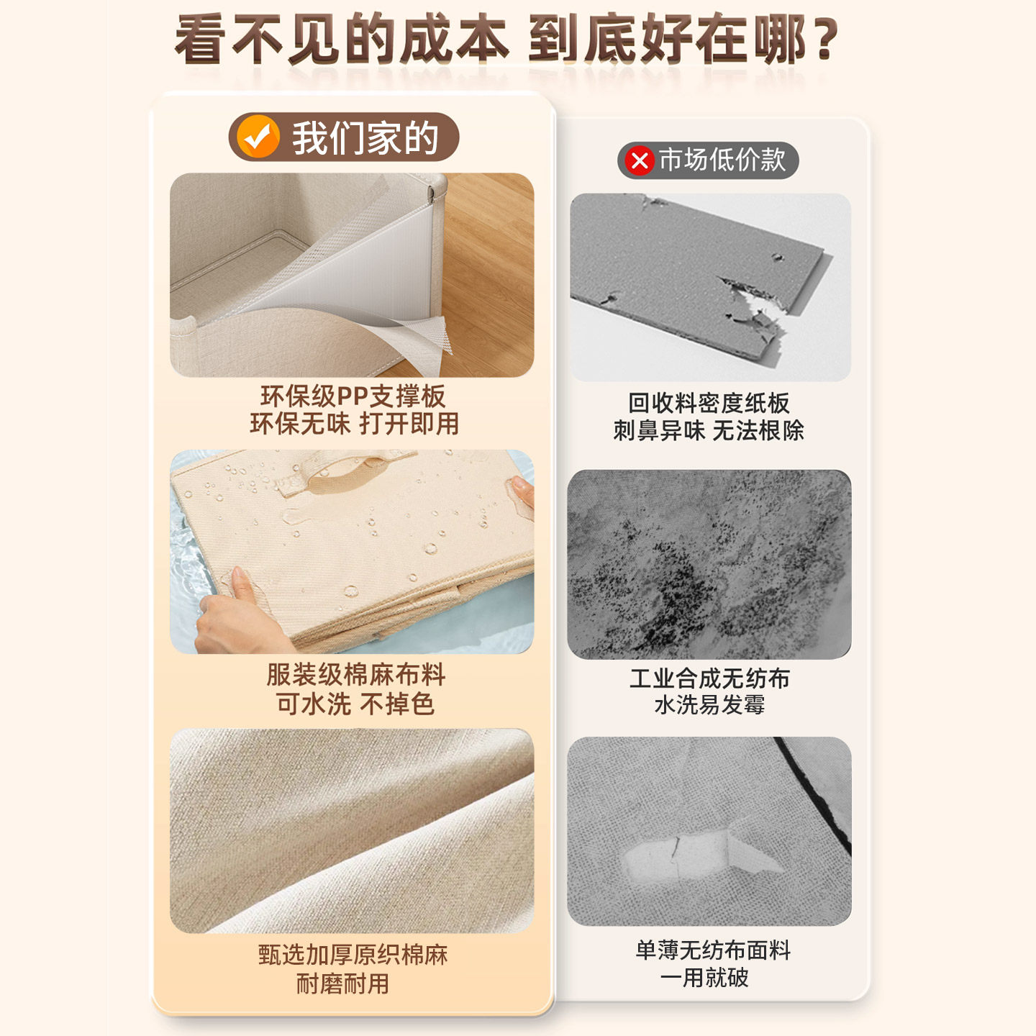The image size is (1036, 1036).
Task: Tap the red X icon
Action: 639,160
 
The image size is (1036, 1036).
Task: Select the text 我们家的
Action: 365,137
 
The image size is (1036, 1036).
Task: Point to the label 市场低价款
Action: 722,160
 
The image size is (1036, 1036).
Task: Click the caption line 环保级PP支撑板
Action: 353,396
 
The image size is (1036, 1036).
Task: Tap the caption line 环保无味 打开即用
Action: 354,424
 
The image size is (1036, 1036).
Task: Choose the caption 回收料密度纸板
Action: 709,403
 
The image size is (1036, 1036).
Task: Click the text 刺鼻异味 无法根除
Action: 709,430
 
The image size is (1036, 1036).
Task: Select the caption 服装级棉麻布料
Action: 355,675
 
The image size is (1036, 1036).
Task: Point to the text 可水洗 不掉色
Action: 355,704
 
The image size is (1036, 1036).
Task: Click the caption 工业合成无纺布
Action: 709,678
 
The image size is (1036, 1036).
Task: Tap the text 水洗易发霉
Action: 709,704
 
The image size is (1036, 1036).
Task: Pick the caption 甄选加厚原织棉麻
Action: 353,955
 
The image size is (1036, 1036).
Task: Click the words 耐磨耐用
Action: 342,983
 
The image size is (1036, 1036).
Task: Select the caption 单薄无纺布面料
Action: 713,950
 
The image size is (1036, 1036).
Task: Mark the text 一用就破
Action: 704,978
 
